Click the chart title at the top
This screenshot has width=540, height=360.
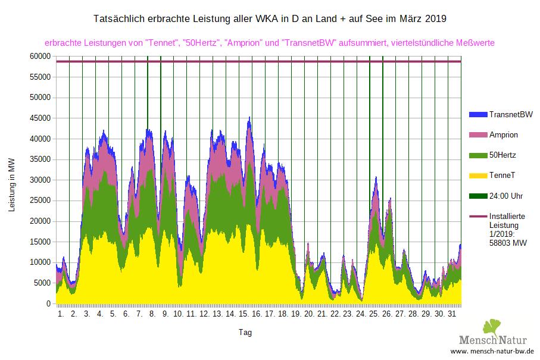[270, 19]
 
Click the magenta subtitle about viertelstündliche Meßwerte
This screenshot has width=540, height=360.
[270, 43]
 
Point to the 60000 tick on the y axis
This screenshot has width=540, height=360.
[40, 56]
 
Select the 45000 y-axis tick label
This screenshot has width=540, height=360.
[40, 118]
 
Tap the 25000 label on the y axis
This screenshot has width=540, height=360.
[40, 201]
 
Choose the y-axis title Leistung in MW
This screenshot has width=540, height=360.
[11, 184]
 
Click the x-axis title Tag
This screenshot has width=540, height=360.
[245, 332]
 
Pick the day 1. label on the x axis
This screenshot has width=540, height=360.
[61, 313]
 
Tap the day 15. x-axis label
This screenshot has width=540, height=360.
[244, 313]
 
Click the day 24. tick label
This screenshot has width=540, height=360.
[361, 313]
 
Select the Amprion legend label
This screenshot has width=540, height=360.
[503, 134]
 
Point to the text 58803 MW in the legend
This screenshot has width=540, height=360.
[507, 243]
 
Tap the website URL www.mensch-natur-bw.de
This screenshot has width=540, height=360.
[491, 352]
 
